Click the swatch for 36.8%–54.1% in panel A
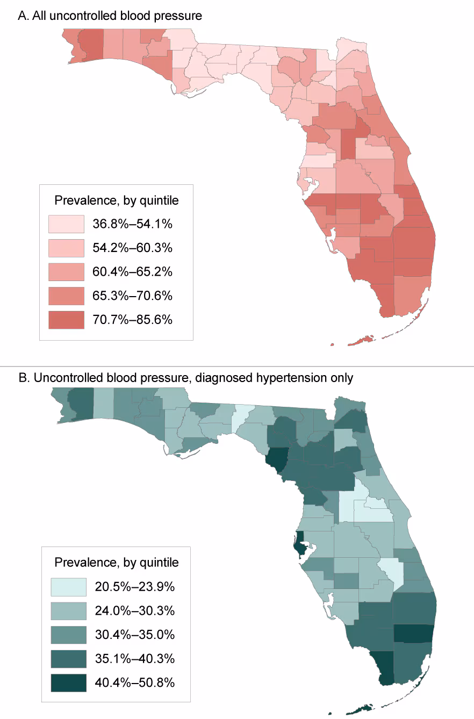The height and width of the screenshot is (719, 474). point(66,224)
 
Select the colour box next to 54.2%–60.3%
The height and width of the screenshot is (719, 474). point(66,248)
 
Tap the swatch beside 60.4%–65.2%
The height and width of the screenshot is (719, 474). point(66,272)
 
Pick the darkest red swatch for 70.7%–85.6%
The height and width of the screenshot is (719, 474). point(66,320)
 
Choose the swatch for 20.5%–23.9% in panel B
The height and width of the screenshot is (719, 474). point(68,587)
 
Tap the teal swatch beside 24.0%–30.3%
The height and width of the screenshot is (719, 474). point(68,611)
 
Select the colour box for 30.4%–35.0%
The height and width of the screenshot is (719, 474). point(68,635)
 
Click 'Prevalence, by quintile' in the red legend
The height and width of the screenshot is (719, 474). point(117,200)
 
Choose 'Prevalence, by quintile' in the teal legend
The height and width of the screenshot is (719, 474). point(117,563)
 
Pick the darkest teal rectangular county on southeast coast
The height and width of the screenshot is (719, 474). point(414,634)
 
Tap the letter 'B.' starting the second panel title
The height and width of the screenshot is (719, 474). point(24,378)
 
